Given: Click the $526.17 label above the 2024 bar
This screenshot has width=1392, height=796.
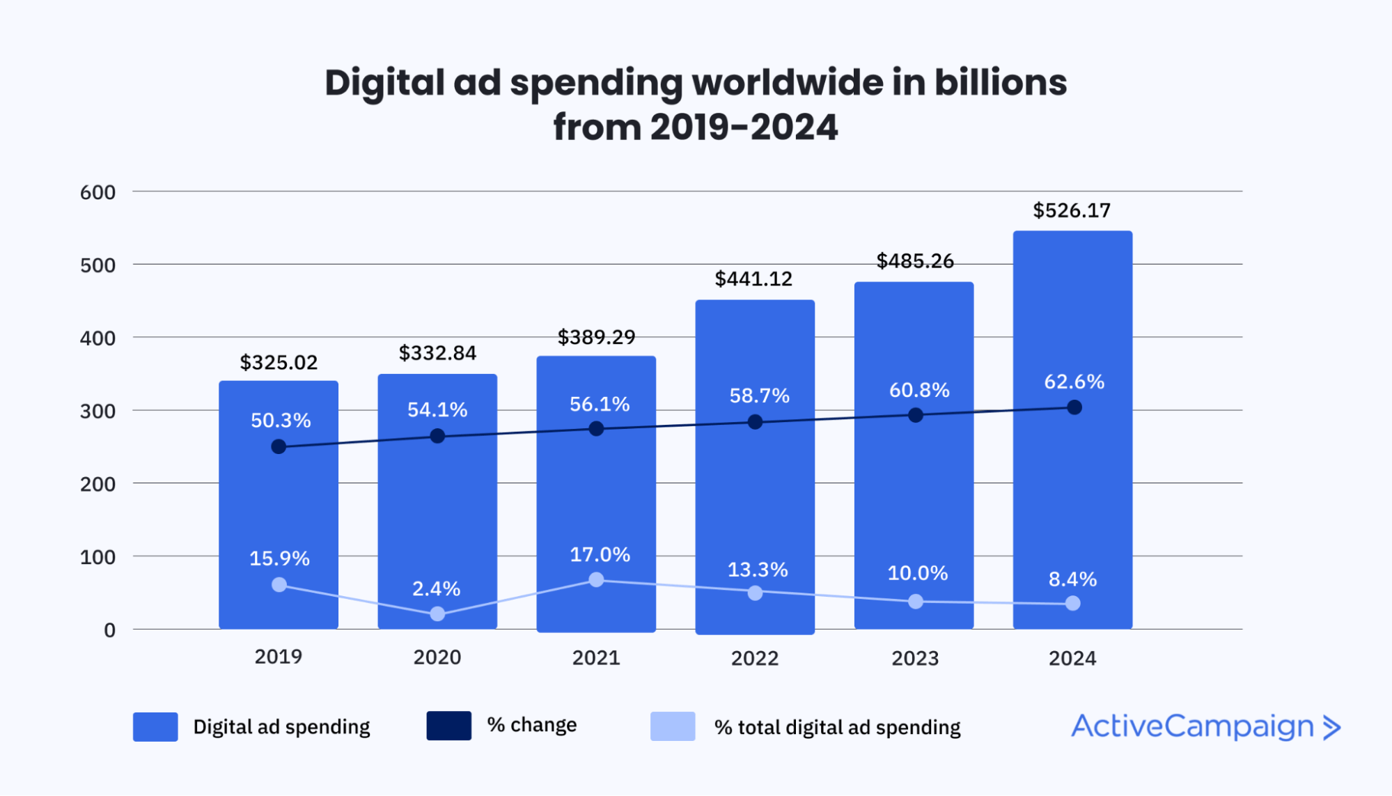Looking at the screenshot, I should (x=1072, y=210).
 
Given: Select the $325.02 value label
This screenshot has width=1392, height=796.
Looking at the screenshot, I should (x=279, y=362).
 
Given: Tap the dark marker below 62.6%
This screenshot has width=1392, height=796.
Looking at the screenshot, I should (x=1074, y=407).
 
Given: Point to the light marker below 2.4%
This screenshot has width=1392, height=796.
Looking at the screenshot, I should (x=437, y=614).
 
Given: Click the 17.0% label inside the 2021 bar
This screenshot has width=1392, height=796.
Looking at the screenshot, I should (x=600, y=554).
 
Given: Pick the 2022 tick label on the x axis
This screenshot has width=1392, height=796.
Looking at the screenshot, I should (x=754, y=658).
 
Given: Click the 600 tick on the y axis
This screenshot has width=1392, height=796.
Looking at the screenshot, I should (x=97, y=192).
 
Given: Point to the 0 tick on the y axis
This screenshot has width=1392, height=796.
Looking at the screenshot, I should (x=109, y=630).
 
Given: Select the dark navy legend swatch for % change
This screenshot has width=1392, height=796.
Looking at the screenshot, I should (x=448, y=726).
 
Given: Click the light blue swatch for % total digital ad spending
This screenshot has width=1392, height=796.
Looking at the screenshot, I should (x=672, y=726).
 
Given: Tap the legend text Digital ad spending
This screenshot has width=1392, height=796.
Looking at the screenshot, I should (x=281, y=727).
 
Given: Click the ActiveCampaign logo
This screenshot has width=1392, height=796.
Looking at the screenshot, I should (x=1192, y=726).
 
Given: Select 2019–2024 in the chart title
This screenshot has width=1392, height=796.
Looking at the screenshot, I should (x=744, y=127).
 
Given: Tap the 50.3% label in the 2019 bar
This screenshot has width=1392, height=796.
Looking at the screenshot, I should (x=281, y=420).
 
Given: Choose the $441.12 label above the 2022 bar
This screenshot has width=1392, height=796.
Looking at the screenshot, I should (x=753, y=279).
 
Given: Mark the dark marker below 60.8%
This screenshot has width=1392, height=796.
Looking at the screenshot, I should (x=916, y=415).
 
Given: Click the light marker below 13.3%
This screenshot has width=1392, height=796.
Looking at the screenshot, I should (x=755, y=593).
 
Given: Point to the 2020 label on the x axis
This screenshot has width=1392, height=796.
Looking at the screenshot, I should (x=437, y=657).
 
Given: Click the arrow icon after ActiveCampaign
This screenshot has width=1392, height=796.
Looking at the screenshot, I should (x=1331, y=727).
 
